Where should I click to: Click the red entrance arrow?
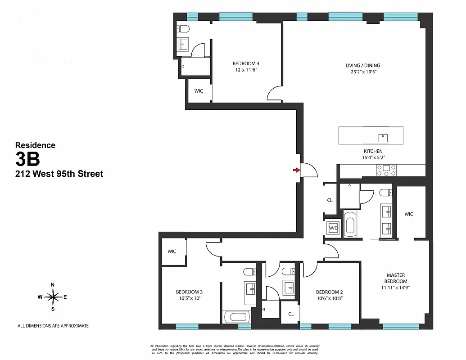coord(296,170)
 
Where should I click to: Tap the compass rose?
coord(53,297)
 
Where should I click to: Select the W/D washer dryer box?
coord(333,228)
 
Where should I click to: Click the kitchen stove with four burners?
coord(387,170)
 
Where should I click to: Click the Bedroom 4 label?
coord(246,63)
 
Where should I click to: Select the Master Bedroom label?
coord(396,278)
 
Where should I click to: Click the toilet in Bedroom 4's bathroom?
coord(183,30)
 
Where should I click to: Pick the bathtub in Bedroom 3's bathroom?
coord(235,317)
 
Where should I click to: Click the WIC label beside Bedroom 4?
coord(199,91)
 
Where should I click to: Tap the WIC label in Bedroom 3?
coord(172,252)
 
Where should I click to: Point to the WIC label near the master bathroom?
coord(409,214)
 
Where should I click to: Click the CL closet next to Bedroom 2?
coord(291,314)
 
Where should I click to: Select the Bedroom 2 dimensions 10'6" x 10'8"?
coord(329,298)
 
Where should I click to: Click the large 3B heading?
coord(28,159)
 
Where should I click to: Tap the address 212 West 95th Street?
coord(59,174)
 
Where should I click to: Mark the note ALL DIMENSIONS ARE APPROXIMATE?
coord(53,326)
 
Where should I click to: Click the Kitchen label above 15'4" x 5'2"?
coord(373,151)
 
